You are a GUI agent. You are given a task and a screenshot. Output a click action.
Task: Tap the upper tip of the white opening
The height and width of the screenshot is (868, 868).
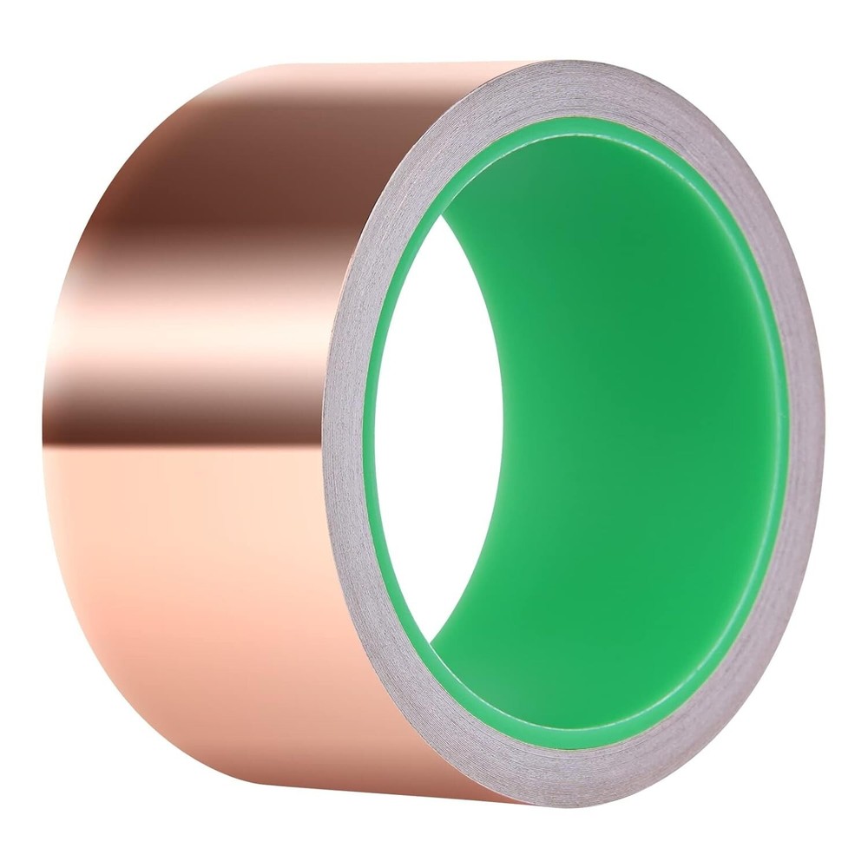pos(442,217)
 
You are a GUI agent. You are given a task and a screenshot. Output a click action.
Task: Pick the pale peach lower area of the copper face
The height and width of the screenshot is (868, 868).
pos(200,590)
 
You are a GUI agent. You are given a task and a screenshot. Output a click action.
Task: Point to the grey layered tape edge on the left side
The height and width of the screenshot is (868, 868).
pos(343,434)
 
